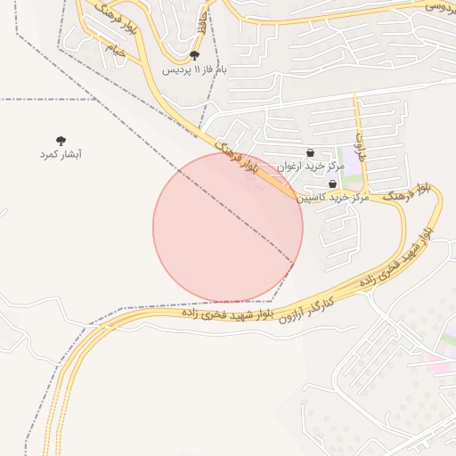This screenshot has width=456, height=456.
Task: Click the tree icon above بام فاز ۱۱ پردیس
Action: coord(195,55)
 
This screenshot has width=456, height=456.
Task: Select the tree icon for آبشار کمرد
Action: coord(61,141)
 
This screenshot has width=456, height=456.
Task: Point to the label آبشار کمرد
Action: coord(61,155)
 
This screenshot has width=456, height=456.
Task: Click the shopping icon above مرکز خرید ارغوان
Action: coord(310,152)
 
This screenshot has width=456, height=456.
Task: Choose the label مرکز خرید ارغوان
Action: coord(309,167)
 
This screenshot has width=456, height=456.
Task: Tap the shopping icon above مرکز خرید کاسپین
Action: coord(333,184)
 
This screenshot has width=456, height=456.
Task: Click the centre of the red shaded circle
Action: coord(228,227)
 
